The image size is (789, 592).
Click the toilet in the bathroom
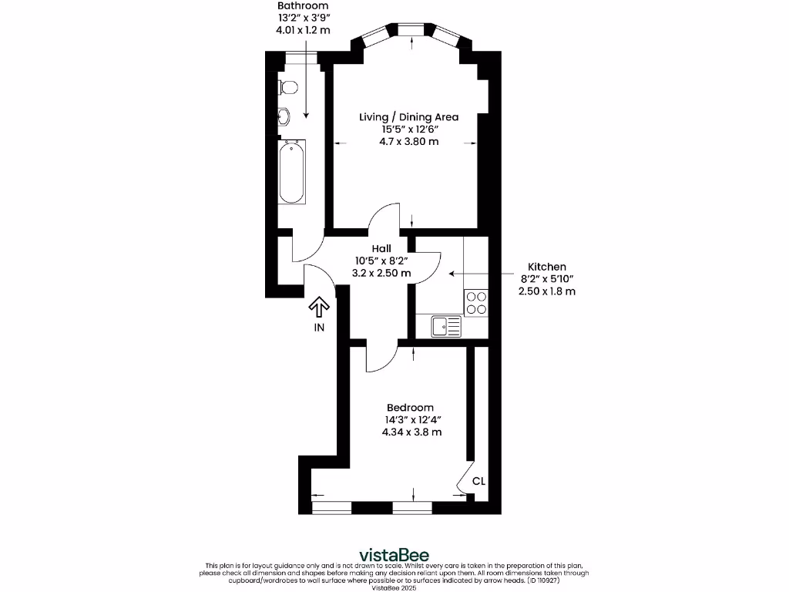[287, 86]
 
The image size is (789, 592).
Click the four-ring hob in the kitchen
[476, 301]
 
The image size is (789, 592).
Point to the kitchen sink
[446, 327]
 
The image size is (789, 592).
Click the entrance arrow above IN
[318, 308]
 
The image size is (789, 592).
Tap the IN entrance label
[319, 328]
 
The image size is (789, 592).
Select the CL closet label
[478, 481]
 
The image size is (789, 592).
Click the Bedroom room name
[410, 407]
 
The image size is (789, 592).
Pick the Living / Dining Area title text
[408, 117]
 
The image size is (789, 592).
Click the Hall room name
[381, 248]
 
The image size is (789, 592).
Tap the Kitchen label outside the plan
[546, 267]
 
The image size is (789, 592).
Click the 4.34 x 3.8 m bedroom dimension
[411, 432]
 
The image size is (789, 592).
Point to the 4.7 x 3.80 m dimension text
[408, 142]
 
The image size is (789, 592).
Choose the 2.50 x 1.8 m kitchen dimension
[546, 291]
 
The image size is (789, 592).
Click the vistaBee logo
[394, 555]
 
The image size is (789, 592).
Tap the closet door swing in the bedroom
[465, 478]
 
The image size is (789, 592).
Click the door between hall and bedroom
[381, 356]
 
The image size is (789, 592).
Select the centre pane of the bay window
[413, 29]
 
